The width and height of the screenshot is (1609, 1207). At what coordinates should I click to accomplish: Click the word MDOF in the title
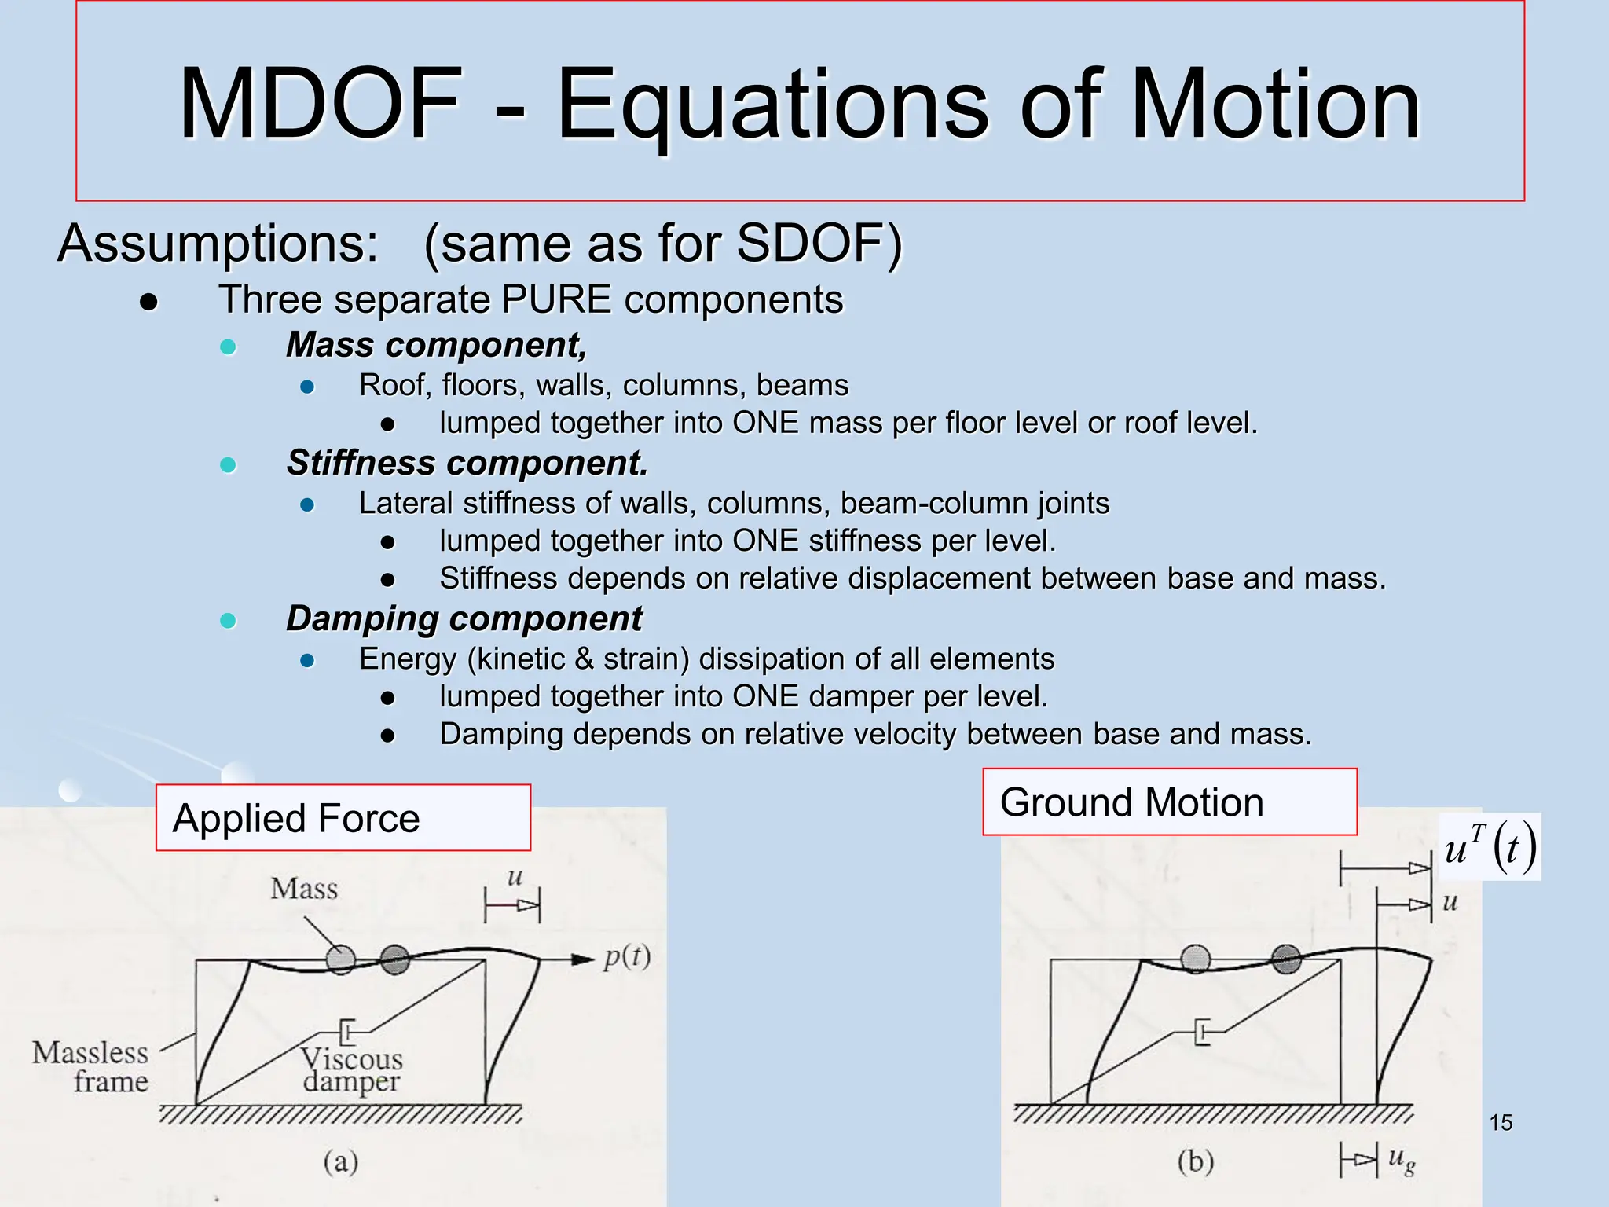(x=322, y=104)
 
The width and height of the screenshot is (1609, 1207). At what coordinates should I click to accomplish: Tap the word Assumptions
(x=218, y=243)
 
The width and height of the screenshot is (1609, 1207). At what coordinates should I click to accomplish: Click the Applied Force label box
(x=343, y=818)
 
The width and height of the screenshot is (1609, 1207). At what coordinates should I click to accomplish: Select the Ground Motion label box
(x=1169, y=802)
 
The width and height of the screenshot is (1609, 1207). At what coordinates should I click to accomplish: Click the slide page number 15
(x=1501, y=1123)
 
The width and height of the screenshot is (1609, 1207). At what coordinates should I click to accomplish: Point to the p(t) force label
(x=627, y=957)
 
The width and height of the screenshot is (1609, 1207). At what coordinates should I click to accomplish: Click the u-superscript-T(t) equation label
(x=1490, y=848)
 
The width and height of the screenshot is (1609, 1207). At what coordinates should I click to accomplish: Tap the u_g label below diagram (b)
(x=1402, y=1158)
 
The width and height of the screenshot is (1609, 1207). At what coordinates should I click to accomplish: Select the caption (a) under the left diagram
(x=341, y=1161)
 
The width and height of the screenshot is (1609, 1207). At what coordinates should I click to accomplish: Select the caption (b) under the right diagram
(x=1195, y=1161)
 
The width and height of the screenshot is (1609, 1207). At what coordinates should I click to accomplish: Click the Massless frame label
(x=91, y=1067)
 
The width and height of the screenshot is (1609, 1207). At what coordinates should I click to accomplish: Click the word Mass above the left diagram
(x=304, y=889)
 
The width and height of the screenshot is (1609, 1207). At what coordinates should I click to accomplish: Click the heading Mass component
(x=436, y=345)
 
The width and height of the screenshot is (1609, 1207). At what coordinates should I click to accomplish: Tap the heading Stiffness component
(x=467, y=463)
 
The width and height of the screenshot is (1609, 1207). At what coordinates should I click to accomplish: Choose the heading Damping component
(x=464, y=618)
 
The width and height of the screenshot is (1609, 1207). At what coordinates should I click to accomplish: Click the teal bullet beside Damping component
(x=228, y=621)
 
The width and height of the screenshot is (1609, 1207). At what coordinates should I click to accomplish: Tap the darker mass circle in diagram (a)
(x=394, y=959)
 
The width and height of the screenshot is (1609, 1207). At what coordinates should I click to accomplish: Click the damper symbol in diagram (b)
(x=1202, y=1031)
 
